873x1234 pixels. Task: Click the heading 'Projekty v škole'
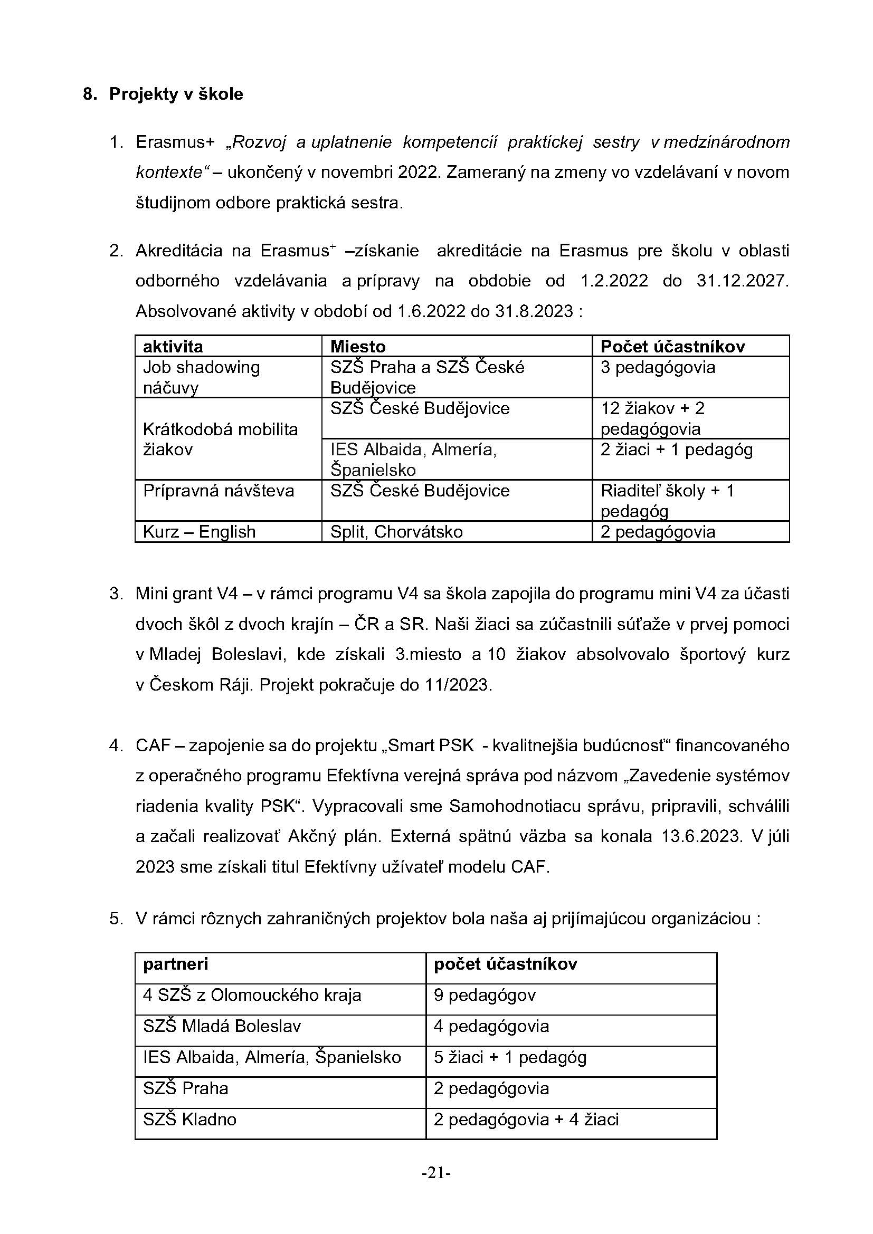click(x=176, y=94)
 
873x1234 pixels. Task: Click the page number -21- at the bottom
click(x=436, y=1173)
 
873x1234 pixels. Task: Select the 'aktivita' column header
click(x=173, y=346)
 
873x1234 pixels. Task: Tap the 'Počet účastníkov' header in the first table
click(x=672, y=346)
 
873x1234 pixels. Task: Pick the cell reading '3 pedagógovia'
click(x=658, y=368)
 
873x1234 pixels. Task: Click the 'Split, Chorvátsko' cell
click(x=396, y=532)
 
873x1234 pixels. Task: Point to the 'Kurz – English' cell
click(x=199, y=532)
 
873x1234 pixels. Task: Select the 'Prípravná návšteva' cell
click(x=219, y=491)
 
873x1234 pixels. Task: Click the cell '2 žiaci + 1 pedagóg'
click(x=676, y=449)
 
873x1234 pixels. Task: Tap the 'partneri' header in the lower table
click(x=175, y=964)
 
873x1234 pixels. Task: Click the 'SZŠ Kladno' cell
click(x=189, y=1119)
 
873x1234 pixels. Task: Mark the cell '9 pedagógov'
click(x=485, y=995)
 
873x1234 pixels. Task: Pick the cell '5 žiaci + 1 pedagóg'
click(x=510, y=1057)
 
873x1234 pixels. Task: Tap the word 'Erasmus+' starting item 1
click(x=175, y=142)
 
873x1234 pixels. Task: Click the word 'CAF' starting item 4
click(x=153, y=745)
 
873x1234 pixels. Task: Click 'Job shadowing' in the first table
click(x=201, y=367)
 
